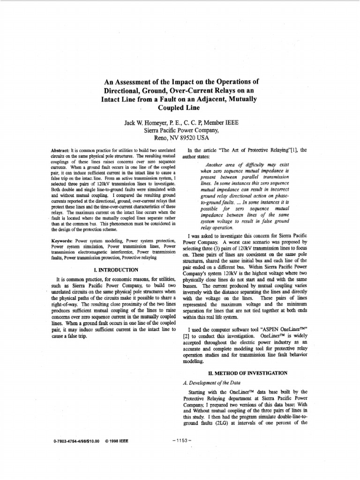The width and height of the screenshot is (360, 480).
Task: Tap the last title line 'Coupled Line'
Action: tap(180, 107)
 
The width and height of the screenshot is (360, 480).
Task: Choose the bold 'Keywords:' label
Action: tap(62, 241)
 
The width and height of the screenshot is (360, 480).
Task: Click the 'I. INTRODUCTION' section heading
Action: tap(116, 270)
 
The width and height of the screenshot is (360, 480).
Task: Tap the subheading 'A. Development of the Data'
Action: tap(211, 382)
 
